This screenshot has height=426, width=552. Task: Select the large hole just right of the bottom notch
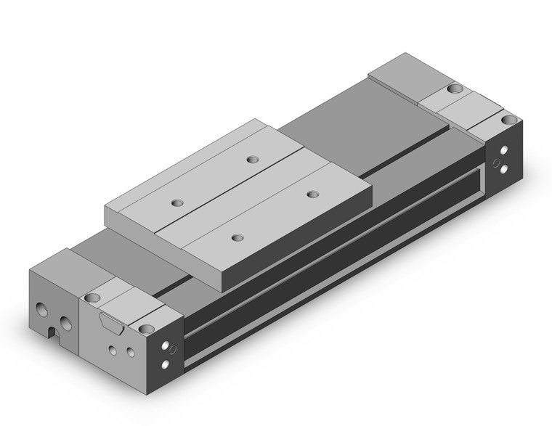click(x=66, y=324)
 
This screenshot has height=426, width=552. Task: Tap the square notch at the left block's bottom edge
click(x=53, y=334)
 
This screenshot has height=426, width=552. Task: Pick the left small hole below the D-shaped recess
click(x=112, y=350)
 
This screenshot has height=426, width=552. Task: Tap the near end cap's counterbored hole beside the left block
click(x=92, y=298)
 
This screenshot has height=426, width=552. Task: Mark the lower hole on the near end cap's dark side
click(x=169, y=364)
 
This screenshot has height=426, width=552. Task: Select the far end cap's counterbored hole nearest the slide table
click(x=454, y=89)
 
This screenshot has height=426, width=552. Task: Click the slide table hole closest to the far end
click(x=252, y=159)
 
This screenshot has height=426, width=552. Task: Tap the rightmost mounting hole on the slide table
click(x=312, y=194)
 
